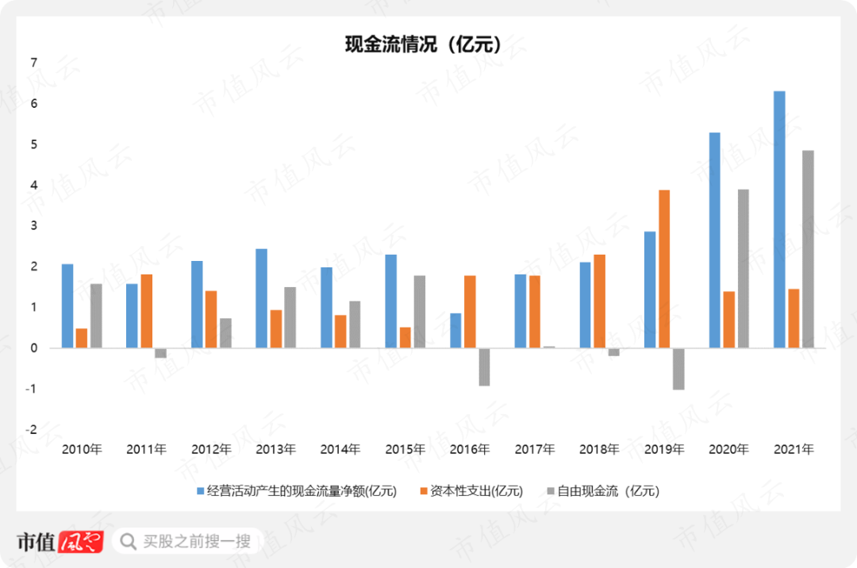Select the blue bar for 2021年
coord(779,220)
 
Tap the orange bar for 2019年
coord(664,269)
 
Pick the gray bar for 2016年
coord(484,367)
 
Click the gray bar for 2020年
coord(744,268)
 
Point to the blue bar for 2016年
coord(455,331)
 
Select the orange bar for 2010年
coord(82,338)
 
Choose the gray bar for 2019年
coord(678,369)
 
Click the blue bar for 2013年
coord(261,298)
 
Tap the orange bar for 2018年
coord(600,301)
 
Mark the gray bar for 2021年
coord(808,249)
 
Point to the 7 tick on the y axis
coord(33,63)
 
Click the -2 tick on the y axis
coord(32,429)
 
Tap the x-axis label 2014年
coord(340,450)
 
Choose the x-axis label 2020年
coord(728,450)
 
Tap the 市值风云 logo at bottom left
coord(60,542)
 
